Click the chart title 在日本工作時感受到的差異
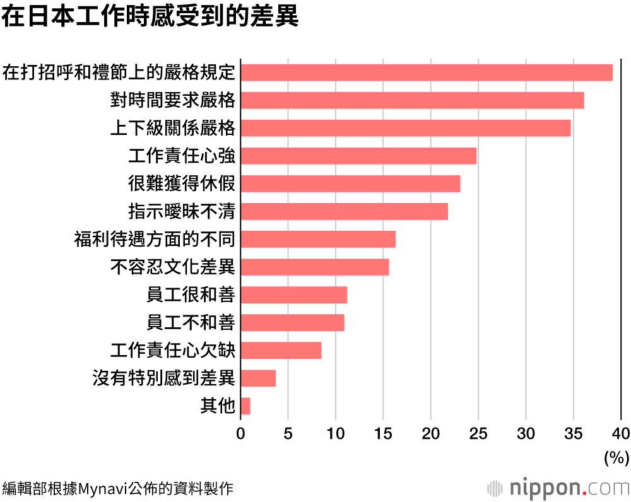point(150,17)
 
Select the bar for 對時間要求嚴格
point(412,100)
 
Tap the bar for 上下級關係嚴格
point(405,128)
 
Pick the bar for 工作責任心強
point(358,156)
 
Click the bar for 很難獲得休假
point(350,184)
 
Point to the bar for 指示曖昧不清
point(344,211)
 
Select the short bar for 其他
point(245,406)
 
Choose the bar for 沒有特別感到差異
point(258,378)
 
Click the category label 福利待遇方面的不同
point(155,240)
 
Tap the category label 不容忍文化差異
point(173,267)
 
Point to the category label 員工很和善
point(191,295)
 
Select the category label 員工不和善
point(191,323)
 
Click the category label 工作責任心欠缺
point(173,351)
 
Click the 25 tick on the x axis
point(478,433)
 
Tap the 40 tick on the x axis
point(621,433)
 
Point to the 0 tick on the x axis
point(240,433)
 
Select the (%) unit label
point(616,457)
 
